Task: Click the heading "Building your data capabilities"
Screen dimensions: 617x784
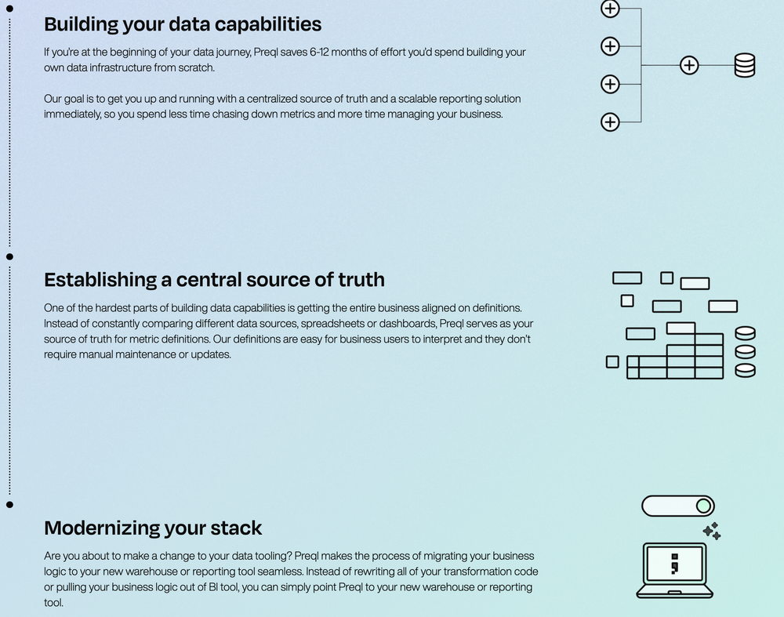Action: click(183, 24)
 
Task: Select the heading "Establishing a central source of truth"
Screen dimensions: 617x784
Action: click(214, 280)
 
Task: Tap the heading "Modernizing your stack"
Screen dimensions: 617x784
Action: click(153, 528)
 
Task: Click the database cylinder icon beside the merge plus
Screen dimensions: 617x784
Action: click(744, 65)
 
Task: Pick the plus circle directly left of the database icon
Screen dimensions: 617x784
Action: click(688, 65)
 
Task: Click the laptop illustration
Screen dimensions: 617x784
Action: click(673, 570)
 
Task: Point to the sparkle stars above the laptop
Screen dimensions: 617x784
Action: click(712, 531)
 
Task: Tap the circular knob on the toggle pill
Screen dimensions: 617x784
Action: click(703, 506)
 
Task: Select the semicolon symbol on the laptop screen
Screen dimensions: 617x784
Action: click(673, 562)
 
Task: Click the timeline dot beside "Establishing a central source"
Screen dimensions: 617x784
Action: click(9, 256)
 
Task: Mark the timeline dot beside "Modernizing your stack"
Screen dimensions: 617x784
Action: click(9, 505)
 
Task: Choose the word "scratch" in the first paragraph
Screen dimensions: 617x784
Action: click(193, 68)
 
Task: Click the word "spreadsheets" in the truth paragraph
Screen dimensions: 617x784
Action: click(333, 324)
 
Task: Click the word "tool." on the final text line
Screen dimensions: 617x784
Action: click(53, 603)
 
